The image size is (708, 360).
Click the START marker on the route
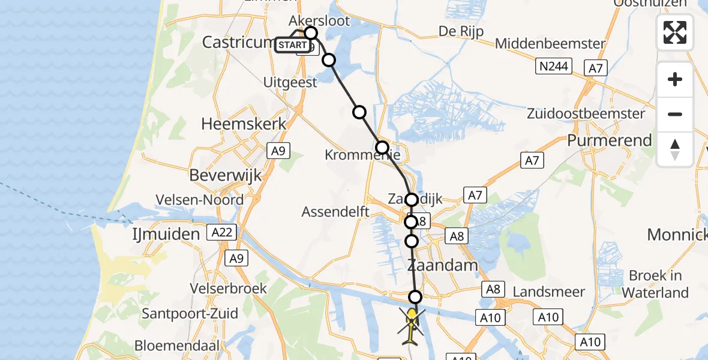292,45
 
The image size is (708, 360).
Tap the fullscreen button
675,32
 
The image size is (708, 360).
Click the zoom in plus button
675,79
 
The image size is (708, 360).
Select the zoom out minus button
675,115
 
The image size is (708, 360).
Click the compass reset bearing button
675,149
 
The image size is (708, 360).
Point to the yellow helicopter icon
412,324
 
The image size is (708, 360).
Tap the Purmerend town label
610,141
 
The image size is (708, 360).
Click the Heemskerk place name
244,124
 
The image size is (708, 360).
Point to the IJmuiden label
166,234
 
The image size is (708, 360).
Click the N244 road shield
553,66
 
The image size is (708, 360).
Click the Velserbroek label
228,289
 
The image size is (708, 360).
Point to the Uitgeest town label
290,83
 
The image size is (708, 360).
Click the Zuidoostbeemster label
586,113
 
